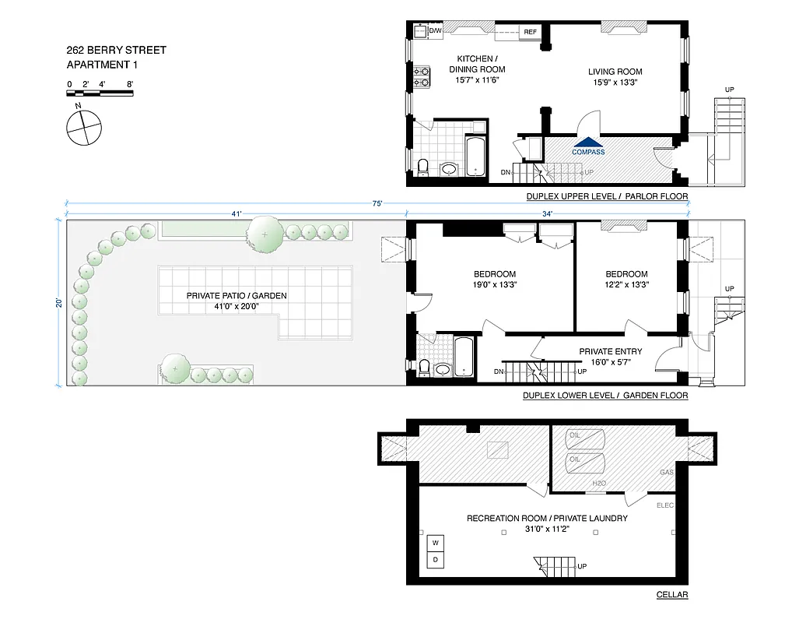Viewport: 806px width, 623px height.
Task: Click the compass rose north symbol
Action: (x=83, y=126)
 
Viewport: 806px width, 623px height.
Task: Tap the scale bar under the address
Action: (x=100, y=93)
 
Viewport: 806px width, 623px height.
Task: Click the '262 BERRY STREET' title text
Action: (x=116, y=51)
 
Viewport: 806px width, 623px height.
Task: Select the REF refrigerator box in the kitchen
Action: (x=530, y=32)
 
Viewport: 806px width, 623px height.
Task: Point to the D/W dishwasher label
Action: (x=436, y=30)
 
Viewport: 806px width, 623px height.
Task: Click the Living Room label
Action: (x=615, y=72)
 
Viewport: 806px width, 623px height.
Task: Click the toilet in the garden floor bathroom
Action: (x=423, y=367)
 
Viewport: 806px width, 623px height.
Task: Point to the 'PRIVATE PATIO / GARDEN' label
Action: (x=237, y=296)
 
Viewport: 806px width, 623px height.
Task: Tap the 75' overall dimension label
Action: (x=377, y=203)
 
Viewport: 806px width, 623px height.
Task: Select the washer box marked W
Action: (x=436, y=542)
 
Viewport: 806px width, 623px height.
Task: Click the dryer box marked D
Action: (x=436, y=559)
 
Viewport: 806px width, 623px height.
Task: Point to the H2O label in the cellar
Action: (x=599, y=484)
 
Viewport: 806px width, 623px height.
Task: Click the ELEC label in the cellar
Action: (x=664, y=505)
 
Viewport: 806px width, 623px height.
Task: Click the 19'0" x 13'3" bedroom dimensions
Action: (x=495, y=285)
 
